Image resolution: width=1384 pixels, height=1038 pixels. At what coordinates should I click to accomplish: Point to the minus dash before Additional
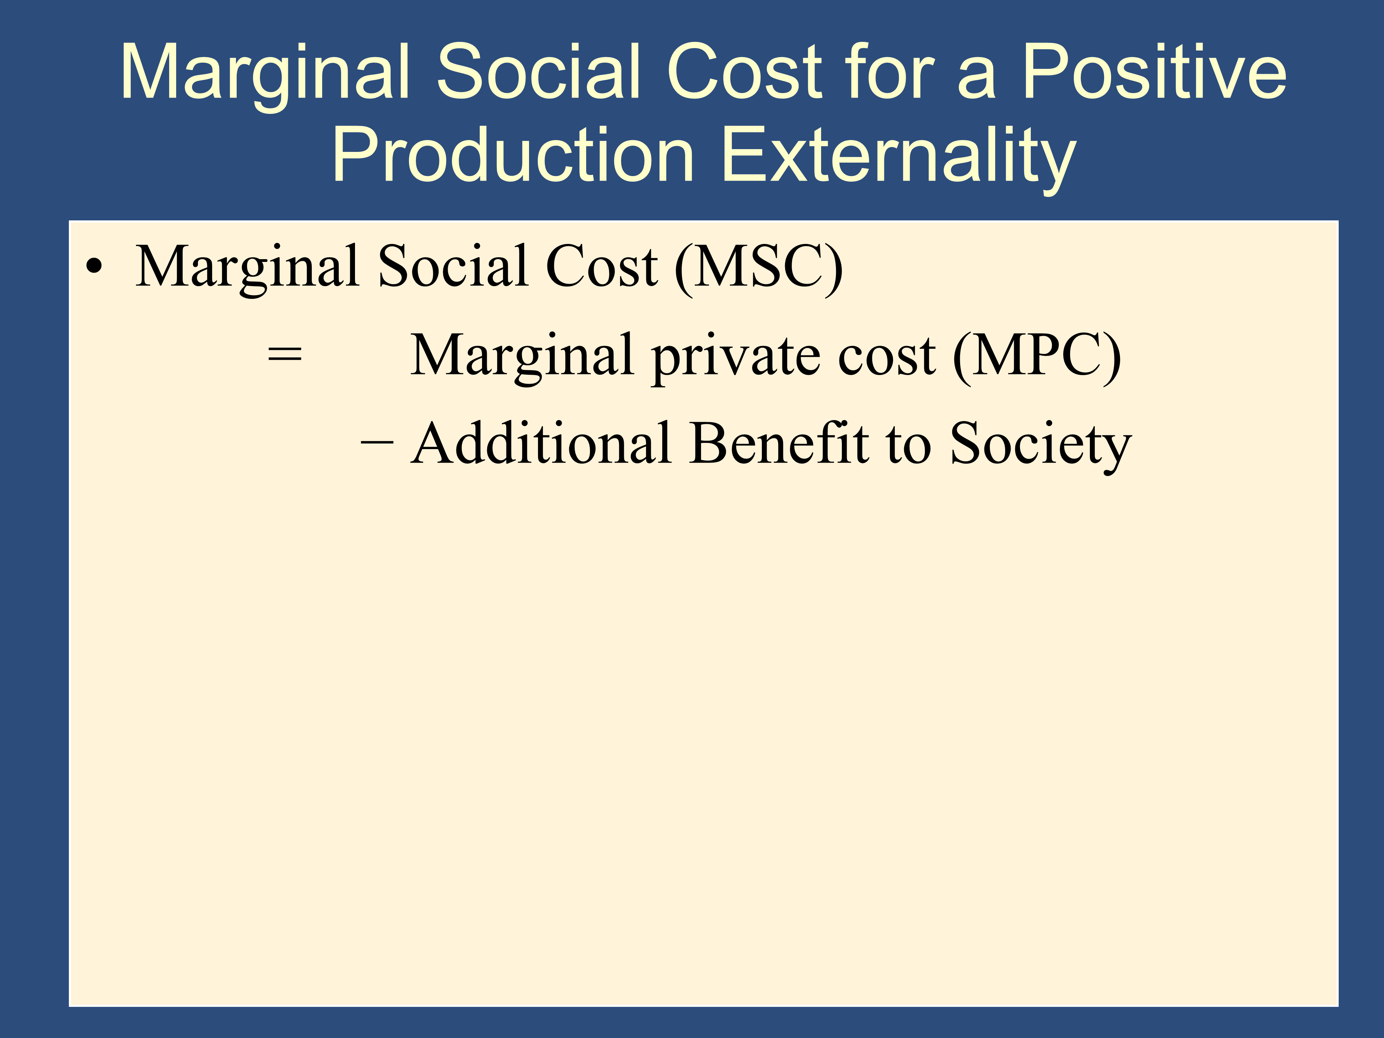point(377,444)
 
